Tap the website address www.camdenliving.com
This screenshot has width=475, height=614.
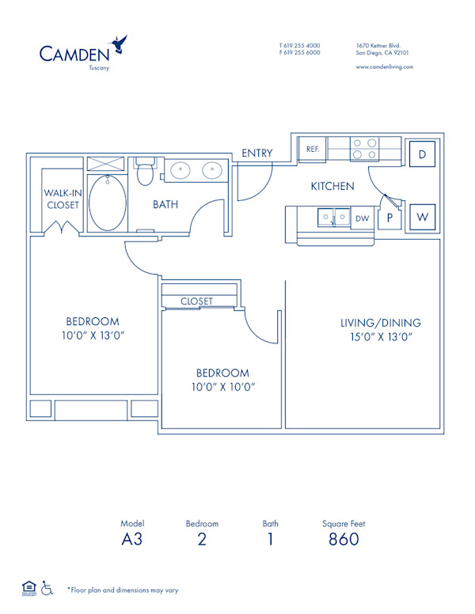click(x=385, y=67)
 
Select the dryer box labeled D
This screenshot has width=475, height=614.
click(x=423, y=154)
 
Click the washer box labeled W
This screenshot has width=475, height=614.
click(x=423, y=216)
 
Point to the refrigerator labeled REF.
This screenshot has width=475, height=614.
click(x=312, y=147)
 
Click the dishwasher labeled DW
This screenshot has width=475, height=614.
click(x=363, y=218)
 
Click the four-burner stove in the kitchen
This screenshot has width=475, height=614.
click(x=364, y=150)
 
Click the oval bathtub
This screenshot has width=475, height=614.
click(x=106, y=202)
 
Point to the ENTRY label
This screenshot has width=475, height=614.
click(x=257, y=153)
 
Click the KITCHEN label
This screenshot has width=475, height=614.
click(x=332, y=187)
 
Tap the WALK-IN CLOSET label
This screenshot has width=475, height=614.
click(x=62, y=199)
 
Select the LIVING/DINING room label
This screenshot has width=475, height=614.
click(x=380, y=323)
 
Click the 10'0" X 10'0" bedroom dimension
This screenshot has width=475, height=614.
click(x=222, y=388)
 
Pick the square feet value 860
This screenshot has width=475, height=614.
click(x=343, y=540)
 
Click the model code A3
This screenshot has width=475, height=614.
click(x=132, y=540)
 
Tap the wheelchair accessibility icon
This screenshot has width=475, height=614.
click(x=47, y=588)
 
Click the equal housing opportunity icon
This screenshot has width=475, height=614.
click(x=28, y=587)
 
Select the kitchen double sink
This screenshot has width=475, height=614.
click(x=333, y=215)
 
